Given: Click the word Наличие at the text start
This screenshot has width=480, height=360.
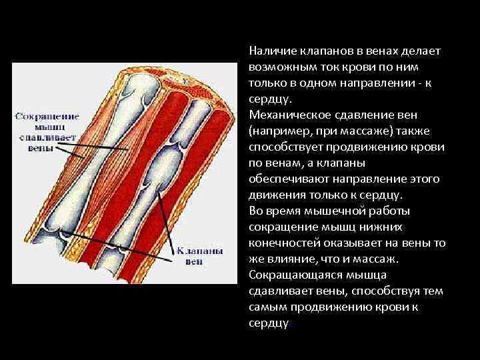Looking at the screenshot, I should pos(267,51).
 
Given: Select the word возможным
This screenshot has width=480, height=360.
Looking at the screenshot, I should pos(276,67).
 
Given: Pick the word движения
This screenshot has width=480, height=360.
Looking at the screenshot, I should pos(271,195).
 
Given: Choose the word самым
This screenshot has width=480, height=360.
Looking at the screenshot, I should pos(265,307).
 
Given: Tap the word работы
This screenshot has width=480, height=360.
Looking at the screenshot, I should pos(390,211).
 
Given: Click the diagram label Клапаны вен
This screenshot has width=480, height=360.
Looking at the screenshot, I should pos(195,257).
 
